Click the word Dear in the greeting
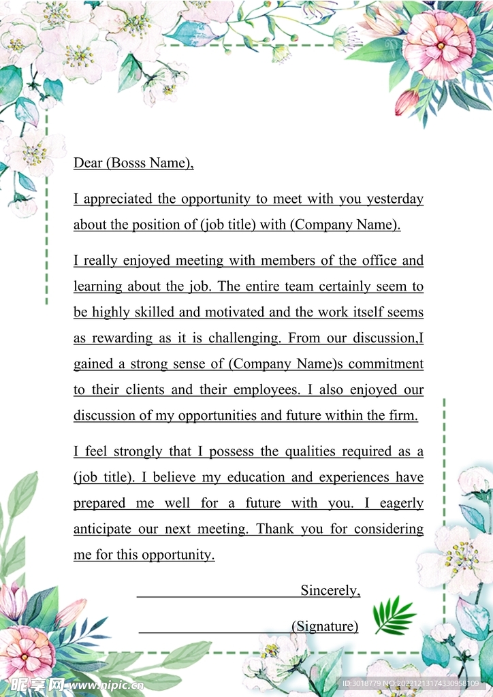coord(87,163)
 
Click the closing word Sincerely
coord(330,590)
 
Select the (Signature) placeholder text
coord(325,626)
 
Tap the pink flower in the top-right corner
coord(439,44)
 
